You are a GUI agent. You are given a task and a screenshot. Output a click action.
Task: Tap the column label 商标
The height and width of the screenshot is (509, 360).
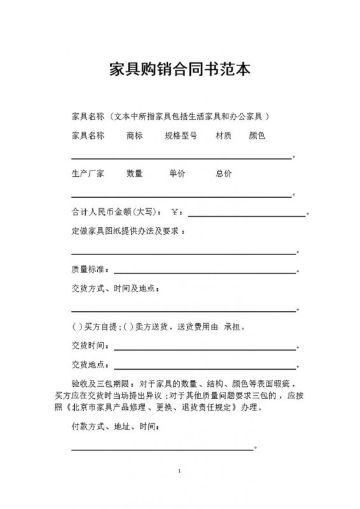point(134,136)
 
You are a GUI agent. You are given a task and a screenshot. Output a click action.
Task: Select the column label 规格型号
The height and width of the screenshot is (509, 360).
point(181,136)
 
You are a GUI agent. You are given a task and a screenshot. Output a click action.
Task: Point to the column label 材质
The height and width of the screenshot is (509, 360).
point(223,136)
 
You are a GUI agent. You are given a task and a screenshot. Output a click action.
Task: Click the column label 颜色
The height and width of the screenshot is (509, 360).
point(257,136)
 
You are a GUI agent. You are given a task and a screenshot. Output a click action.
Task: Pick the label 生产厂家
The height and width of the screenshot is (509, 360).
point(88,174)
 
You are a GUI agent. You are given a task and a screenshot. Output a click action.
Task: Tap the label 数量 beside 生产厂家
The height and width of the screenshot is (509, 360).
point(134,174)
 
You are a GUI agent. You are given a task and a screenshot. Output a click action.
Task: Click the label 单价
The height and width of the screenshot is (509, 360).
point(177,174)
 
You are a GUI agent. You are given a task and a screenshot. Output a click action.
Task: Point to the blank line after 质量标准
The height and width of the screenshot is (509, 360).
point(205,272)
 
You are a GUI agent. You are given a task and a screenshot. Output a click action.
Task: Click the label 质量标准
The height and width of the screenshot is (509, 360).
point(90,269)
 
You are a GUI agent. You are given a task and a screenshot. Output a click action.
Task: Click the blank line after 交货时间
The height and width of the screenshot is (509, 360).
point(205,349)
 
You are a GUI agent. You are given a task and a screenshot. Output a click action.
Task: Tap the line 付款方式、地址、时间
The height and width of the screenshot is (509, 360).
point(114,428)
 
